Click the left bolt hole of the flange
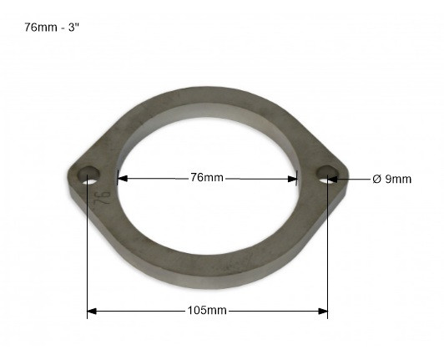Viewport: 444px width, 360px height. [88, 176]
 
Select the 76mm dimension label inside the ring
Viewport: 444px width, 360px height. [207, 177]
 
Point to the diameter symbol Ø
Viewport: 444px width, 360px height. [377, 179]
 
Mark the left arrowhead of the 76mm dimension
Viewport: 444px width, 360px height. [122, 177]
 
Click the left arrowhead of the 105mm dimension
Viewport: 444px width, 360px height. [93, 311]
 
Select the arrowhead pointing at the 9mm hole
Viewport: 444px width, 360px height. [336, 178]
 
